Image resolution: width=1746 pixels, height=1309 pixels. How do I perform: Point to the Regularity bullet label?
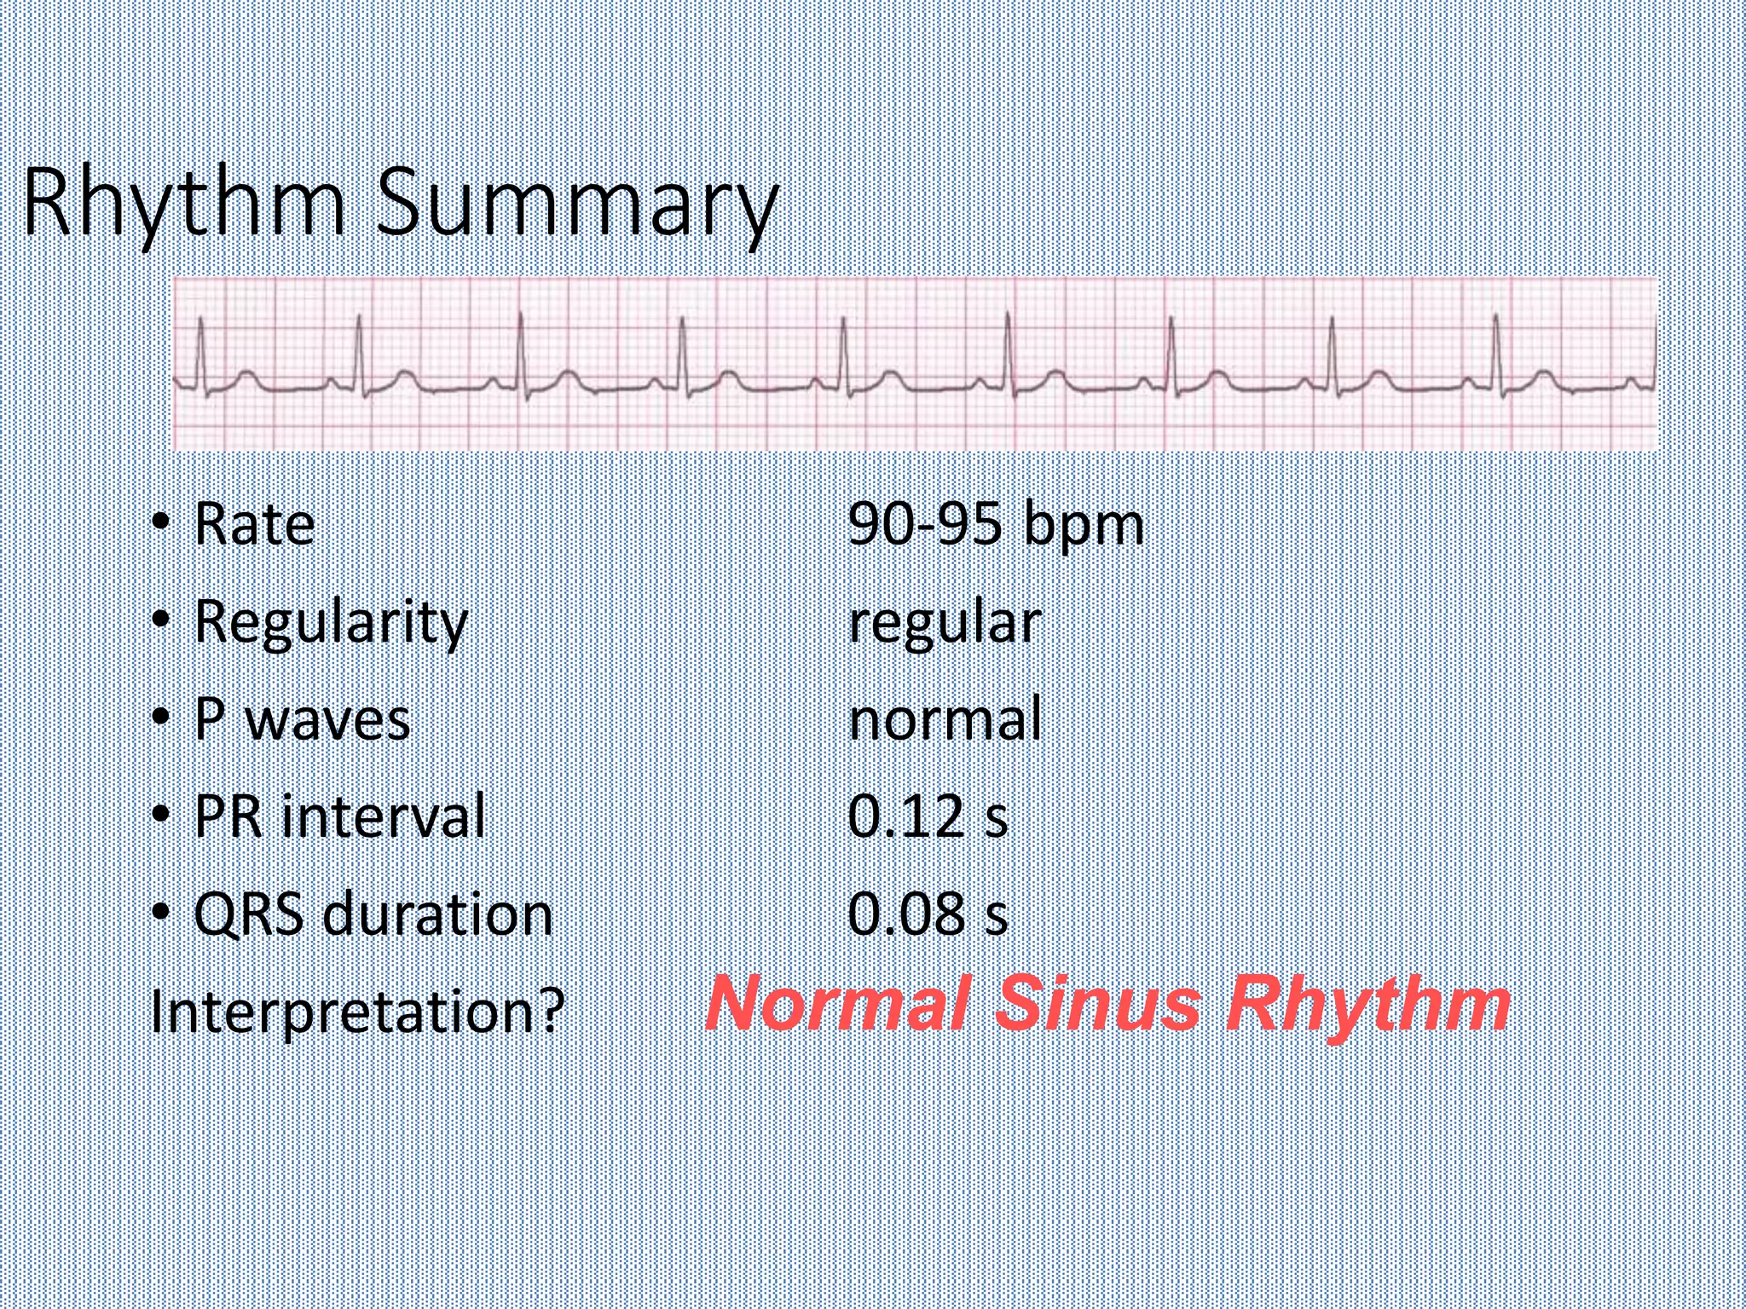click(x=331, y=622)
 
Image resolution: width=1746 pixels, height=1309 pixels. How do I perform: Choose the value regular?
click(x=945, y=622)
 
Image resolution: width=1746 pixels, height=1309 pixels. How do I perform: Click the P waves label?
click(x=302, y=719)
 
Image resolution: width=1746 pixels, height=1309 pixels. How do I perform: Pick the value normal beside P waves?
click(x=945, y=719)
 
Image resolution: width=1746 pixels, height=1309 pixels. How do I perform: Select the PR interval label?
click(x=339, y=816)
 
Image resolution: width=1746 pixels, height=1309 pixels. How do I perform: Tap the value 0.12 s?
click(x=928, y=816)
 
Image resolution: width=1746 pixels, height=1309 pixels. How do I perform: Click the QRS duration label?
click(x=373, y=914)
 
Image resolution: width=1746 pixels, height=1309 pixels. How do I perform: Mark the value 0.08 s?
click(x=928, y=914)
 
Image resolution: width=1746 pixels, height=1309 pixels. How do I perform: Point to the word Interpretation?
click(x=357, y=1012)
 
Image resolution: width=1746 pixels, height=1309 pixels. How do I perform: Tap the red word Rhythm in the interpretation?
click(x=1367, y=1003)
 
